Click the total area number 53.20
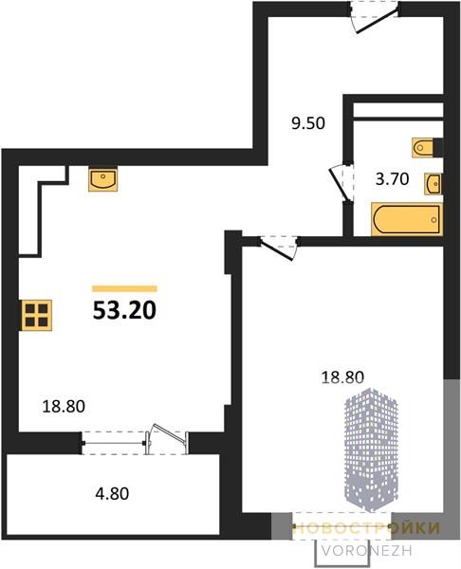(x=124, y=311)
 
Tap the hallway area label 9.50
(x=308, y=123)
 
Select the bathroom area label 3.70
(x=392, y=179)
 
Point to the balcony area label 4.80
(x=112, y=494)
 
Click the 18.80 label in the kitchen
(x=64, y=407)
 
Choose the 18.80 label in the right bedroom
(x=342, y=377)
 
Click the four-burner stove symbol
(x=37, y=316)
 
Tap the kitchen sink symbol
(x=103, y=179)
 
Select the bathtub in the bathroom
(x=407, y=220)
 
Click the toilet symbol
(x=423, y=148)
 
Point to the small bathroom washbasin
(x=433, y=184)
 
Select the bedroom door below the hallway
(x=278, y=248)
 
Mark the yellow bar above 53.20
(x=124, y=289)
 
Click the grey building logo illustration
(x=371, y=450)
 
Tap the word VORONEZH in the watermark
(x=367, y=551)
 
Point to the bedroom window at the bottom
(x=341, y=525)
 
